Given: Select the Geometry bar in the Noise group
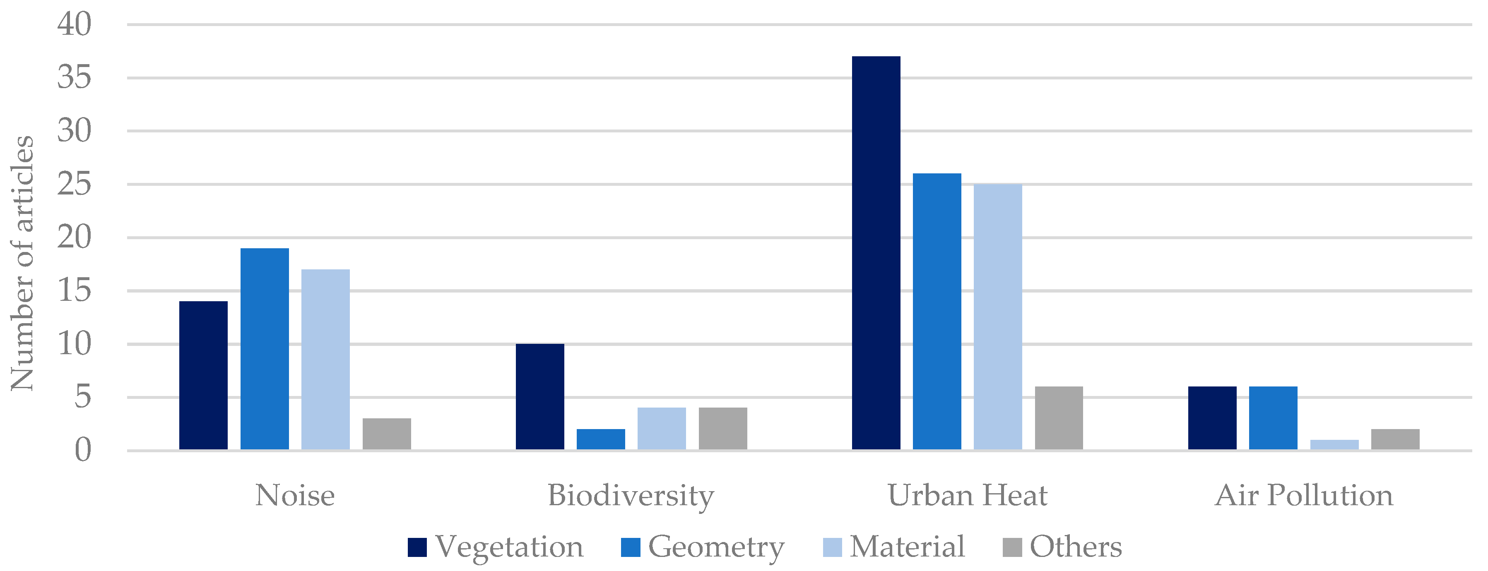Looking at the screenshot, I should [265, 349].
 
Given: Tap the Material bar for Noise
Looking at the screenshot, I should [325, 359].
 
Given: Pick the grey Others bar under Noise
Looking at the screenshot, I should [386, 434].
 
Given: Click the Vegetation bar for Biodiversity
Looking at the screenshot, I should [539, 397].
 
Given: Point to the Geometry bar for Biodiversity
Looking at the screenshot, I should [601, 439].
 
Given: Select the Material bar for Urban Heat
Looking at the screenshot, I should [997, 317].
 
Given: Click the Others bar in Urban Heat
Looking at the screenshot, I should [1059, 418].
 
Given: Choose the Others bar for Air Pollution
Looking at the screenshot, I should [1395, 439].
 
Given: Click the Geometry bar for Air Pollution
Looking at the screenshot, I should [1273, 418].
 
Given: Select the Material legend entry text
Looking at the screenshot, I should [907, 546].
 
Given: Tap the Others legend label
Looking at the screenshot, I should [1076, 546].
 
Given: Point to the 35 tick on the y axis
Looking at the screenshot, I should [75, 77].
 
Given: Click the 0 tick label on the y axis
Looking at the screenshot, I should [83, 450].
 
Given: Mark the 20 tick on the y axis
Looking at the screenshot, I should [75, 237].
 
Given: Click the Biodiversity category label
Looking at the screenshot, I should [631, 495].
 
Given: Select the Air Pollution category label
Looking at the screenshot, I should [1304, 495].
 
